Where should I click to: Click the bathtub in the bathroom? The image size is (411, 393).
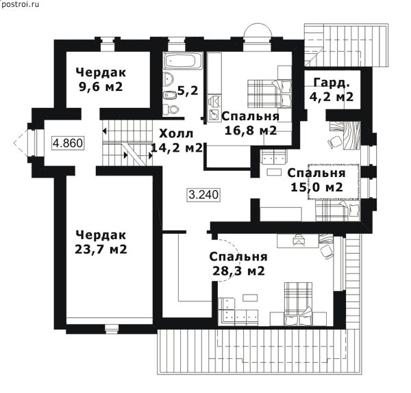point(183,61)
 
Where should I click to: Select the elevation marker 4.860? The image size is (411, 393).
point(68,143)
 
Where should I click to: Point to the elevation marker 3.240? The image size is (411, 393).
point(203,195)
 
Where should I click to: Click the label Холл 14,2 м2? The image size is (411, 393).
point(177,141)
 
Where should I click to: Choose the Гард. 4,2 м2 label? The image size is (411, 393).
point(332,90)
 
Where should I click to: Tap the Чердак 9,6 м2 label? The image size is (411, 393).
point(101,79)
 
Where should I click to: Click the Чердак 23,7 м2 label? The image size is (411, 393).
point(101,242)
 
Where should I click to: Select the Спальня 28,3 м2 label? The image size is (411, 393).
point(238,264)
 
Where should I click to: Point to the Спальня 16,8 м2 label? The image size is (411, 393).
point(251,123)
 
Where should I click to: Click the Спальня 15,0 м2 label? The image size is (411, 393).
point(316,180)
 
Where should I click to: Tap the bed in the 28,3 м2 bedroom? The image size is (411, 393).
point(298,304)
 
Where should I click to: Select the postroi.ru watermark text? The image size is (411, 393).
point(20,5)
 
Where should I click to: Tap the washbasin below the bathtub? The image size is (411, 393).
point(168,79)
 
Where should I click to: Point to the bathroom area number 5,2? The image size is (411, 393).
point(188,91)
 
